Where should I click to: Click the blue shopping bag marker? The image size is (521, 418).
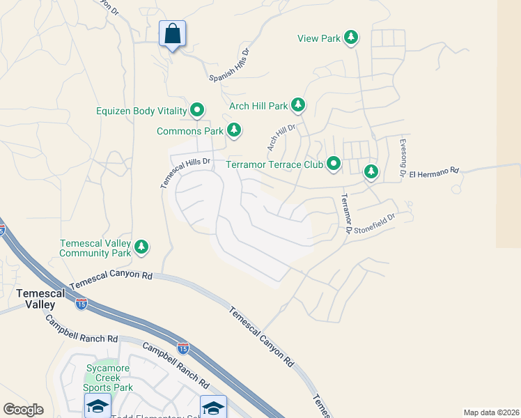coord(172,33)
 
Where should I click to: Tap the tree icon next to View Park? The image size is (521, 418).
coord(352,38)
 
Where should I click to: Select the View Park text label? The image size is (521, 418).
coord(319,39)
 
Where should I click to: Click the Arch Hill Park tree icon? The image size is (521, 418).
coord(298,106)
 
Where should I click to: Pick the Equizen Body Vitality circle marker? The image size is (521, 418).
coord(198,110)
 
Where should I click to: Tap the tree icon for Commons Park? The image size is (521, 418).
coord(235,130)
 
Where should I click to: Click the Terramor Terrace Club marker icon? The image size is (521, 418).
coord(334,165)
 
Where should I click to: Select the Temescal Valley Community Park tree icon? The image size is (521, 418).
coord(142,246)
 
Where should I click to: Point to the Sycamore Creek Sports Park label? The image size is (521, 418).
coord(108,378)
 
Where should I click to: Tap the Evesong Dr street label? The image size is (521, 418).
coord(403,157)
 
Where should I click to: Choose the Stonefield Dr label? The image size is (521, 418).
coord(375,223)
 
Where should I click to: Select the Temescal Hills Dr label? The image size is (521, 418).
coord(185,173)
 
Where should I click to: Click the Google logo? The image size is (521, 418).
coord(23,410)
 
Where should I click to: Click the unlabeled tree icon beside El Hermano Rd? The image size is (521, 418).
coord(371,171)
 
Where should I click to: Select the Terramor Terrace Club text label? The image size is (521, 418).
coord(275,165)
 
